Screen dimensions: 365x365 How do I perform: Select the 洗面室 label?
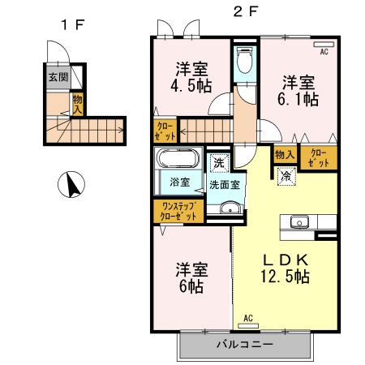point(224,184)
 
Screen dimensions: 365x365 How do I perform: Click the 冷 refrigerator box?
point(286,174)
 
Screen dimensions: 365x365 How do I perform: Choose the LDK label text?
point(284,260)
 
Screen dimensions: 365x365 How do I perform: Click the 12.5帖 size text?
point(284,277)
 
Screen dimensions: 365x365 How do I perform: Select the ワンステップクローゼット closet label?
point(178,212)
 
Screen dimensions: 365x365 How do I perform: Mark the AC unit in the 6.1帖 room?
point(324,45)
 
